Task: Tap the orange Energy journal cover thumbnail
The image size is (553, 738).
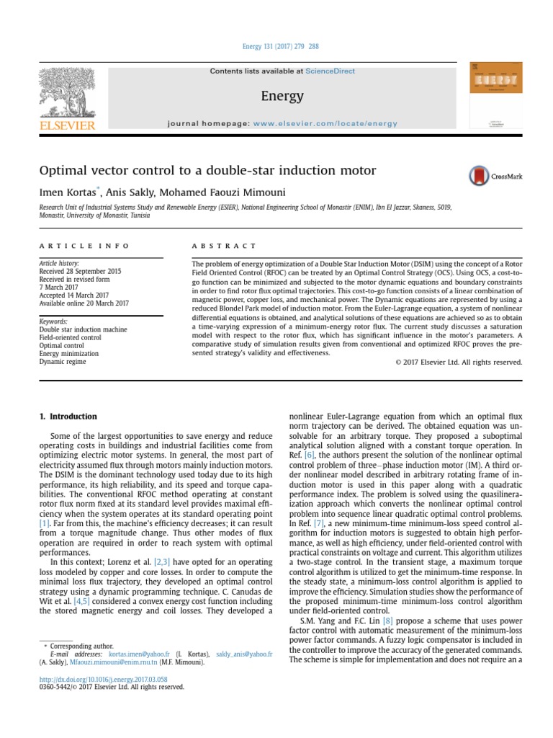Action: [x=495, y=95]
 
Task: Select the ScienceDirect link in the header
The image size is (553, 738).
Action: [x=330, y=71]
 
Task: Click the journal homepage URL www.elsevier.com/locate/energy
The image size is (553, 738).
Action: [x=325, y=123]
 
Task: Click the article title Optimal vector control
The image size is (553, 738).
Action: [x=207, y=171]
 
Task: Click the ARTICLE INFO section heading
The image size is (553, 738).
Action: [x=84, y=246]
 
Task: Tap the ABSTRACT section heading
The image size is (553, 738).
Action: [x=224, y=246]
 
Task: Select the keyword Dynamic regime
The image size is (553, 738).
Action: [x=62, y=361]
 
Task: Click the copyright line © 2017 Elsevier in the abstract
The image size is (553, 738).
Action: [x=459, y=362]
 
